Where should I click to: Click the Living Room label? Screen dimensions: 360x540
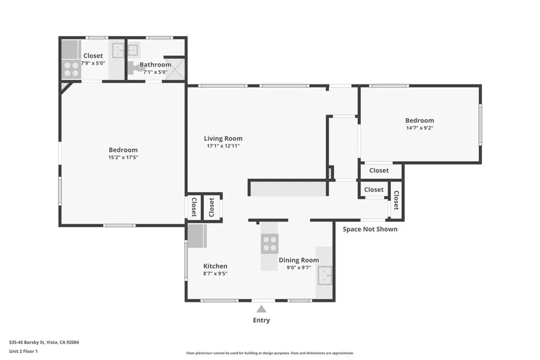point(223,139)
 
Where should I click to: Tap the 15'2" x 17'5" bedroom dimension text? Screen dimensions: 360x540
point(123,157)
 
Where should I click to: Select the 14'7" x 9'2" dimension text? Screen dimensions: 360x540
point(419,128)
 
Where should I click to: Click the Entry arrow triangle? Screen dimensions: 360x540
point(262,309)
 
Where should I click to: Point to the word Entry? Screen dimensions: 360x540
point(262,320)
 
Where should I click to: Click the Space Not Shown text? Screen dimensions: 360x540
point(370,229)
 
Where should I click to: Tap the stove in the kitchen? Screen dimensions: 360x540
point(269,244)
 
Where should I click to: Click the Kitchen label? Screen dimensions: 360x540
point(215,266)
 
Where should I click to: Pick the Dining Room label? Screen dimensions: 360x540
point(299,260)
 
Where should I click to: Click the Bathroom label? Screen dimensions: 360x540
point(155,65)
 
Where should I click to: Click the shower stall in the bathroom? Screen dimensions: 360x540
point(175,69)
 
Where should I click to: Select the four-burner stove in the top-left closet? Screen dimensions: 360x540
point(71,70)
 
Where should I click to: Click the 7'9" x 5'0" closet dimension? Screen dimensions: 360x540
point(93,63)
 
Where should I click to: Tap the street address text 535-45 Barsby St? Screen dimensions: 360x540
point(44,342)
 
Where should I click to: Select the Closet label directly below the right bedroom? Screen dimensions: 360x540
point(379,170)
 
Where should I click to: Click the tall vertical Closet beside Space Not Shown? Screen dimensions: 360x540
point(396,200)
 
